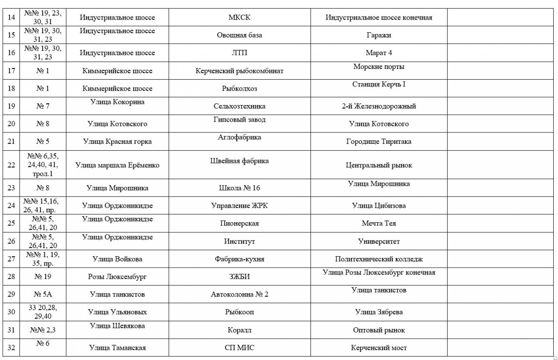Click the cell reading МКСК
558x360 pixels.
239,17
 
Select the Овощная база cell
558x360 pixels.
239,35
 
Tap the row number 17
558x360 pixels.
11,71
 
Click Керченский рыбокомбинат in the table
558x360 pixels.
239,71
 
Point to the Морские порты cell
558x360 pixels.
379,67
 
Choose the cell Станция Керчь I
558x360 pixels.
379,84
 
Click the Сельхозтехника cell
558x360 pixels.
239,106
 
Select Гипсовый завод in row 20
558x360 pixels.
239,119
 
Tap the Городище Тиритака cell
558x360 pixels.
379,142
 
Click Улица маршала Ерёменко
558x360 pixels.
117,165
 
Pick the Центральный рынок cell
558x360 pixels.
379,165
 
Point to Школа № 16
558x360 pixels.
239,188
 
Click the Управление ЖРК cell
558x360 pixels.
239,206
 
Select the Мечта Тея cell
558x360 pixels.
379,224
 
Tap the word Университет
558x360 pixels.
379,241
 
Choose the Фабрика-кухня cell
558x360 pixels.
239,259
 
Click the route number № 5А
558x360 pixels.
43,295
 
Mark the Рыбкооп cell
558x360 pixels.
239,312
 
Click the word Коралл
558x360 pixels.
239,330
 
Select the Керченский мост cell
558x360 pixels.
379,348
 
